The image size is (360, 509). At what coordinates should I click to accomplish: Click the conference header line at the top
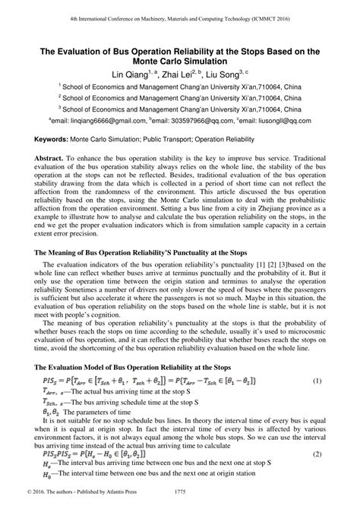[x=179, y=16]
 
